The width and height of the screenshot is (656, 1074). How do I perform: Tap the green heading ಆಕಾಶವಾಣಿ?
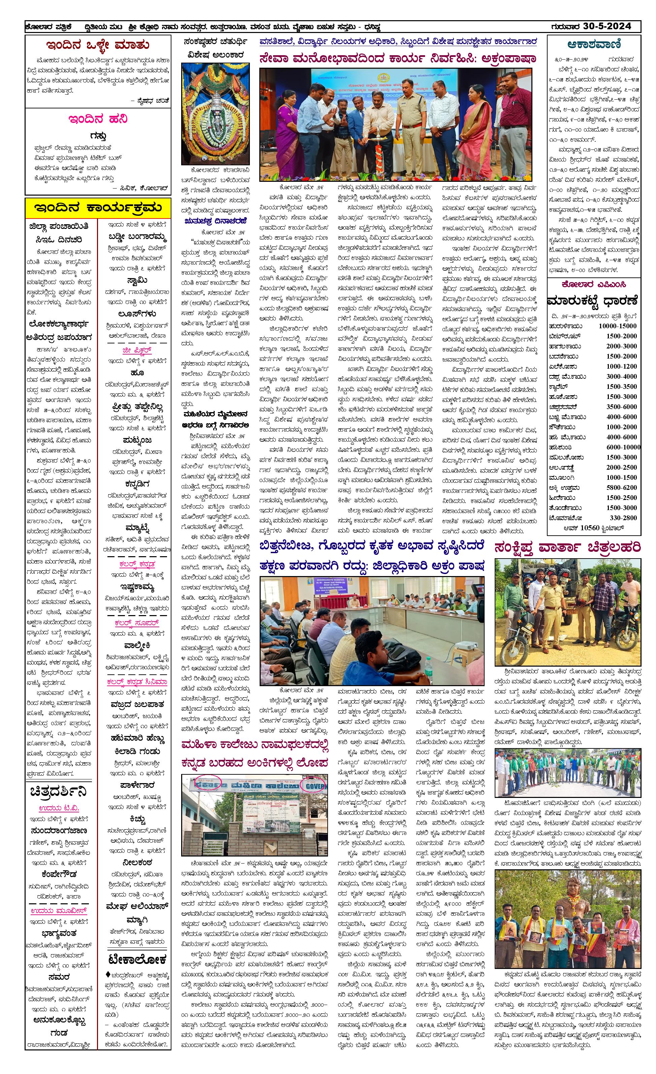click(x=594, y=44)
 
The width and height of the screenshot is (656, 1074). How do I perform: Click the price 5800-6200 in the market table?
click(x=622, y=488)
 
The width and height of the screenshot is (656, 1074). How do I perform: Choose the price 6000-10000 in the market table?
click(x=623, y=447)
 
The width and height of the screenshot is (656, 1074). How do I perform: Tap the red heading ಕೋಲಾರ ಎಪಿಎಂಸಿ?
click(x=594, y=284)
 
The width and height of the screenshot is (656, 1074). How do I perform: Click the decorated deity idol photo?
click(x=216, y=114)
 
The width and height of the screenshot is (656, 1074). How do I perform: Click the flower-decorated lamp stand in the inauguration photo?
click(x=378, y=155)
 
